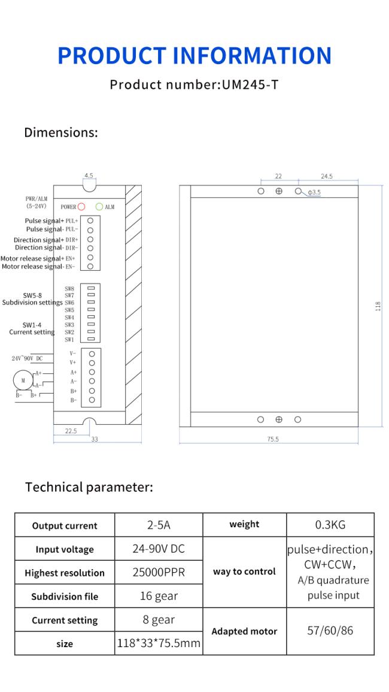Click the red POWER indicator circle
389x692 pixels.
pyautogui.click(x=81, y=207)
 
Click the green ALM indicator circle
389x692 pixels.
pyautogui.click(x=99, y=207)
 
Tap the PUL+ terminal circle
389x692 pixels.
pyautogui.click(x=90, y=220)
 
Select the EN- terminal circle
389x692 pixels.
pyautogui.click(x=90, y=266)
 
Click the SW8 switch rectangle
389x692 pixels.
pyautogui.click(x=91, y=288)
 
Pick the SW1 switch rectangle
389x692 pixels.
pyautogui.click(x=91, y=339)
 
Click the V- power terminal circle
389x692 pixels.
pyautogui.click(x=92, y=354)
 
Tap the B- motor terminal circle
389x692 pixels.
pyautogui.click(x=92, y=400)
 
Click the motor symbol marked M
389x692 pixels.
pyautogui.click(x=23, y=380)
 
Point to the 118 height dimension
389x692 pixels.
pyautogui.click(x=378, y=306)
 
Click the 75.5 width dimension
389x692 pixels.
pyautogui.click(x=273, y=440)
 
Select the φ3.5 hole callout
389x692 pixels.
pyautogui.click(x=314, y=192)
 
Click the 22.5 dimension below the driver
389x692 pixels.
pyautogui.click(x=71, y=431)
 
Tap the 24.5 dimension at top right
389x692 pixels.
pyautogui.click(x=327, y=176)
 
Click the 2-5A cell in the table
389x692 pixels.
pyautogui.click(x=159, y=525)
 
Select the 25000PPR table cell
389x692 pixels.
pyautogui.click(x=159, y=572)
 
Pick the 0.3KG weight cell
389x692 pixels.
pyautogui.click(x=330, y=525)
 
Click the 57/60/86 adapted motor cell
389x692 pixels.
pyautogui.click(x=330, y=631)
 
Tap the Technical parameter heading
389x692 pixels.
pyautogui.click(x=89, y=487)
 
